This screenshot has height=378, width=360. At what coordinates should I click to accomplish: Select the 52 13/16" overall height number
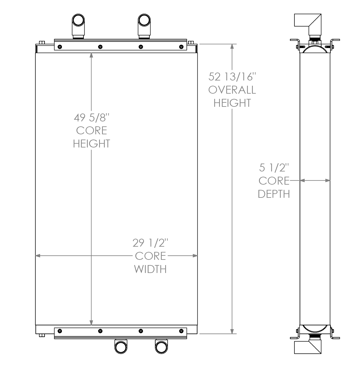click(232, 77)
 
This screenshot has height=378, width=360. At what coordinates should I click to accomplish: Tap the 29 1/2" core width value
click(150, 243)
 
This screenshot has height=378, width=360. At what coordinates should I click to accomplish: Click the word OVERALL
click(232, 90)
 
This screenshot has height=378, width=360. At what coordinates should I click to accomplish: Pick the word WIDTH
click(150, 269)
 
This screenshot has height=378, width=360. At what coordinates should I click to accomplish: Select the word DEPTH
click(274, 194)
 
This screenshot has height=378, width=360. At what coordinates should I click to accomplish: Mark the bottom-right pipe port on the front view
click(161, 347)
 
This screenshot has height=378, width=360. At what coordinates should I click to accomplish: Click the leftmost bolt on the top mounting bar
click(60, 47)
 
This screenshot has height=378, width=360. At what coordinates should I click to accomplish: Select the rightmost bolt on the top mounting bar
click(181, 47)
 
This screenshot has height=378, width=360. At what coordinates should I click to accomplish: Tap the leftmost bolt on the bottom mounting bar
click(60, 331)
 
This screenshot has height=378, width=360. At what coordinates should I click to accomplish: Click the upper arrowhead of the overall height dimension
click(232, 47)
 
